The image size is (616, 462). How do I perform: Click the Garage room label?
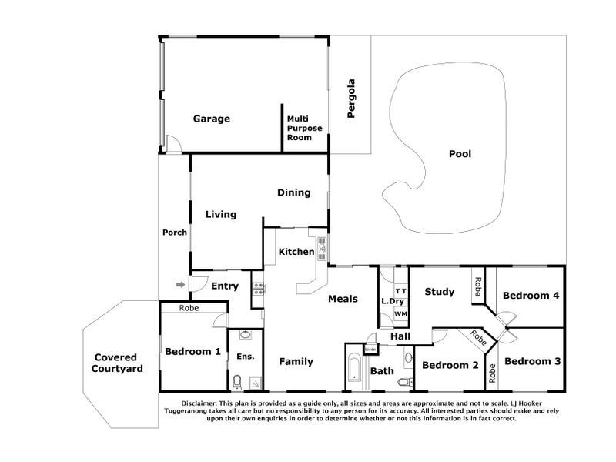coord(212,119)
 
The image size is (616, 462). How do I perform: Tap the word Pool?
coord(460,153)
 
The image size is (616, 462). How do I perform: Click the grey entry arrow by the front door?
coord(181,285)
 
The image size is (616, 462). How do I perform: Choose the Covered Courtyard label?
coord(116,363)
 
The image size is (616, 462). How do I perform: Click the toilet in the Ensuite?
coord(237,380)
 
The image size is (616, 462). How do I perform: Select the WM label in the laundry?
coord(400,314)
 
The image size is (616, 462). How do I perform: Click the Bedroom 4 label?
coord(531,296)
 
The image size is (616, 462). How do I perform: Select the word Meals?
coord(343,299)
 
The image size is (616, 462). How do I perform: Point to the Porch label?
coord(175,233)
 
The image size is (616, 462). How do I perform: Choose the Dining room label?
coord(294,192)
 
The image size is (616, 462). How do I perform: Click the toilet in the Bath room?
coord(399,380)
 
